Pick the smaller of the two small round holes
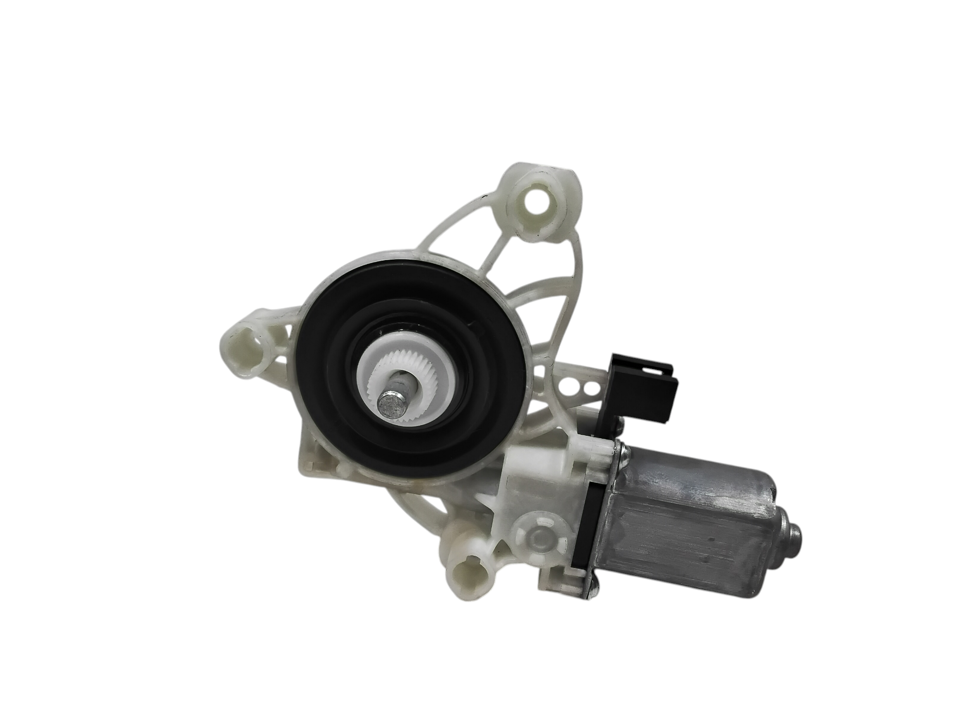point(590,389)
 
